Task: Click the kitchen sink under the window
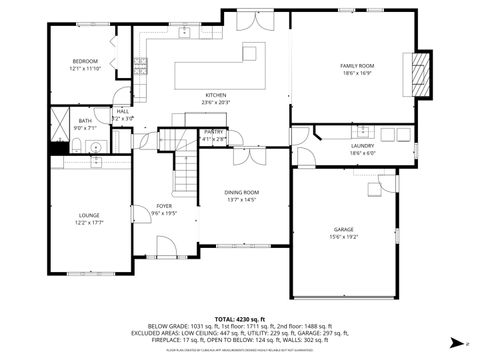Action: tap(185, 33)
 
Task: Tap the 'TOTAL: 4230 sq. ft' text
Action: tap(240, 318)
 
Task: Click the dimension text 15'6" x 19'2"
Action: tap(344, 237)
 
